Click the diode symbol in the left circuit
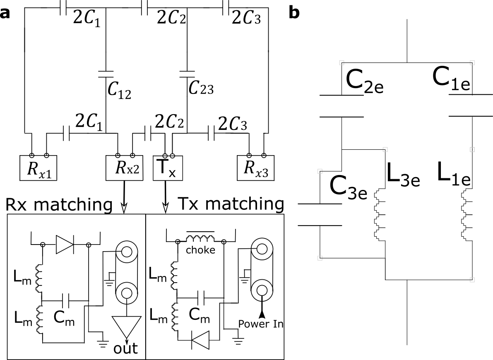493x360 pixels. (x=65, y=245)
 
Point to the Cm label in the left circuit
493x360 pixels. (x=64, y=318)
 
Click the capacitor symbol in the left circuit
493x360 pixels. (x=65, y=300)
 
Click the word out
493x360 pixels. (x=125, y=348)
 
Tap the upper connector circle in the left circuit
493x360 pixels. (x=126, y=252)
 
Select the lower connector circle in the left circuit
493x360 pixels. (x=126, y=293)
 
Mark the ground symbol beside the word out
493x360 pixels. (x=102, y=343)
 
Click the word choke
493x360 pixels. (x=200, y=250)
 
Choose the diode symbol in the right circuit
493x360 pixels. (x=200, y=340)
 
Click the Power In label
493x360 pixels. (x=260, y=324)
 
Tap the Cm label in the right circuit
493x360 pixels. (x=199, y=315)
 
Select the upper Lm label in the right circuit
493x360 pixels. (x=158, y=274)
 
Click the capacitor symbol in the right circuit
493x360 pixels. (x=201, y=297)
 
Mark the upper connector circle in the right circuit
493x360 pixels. (x=262, y=249)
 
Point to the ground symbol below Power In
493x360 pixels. (x=238, y=341)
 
